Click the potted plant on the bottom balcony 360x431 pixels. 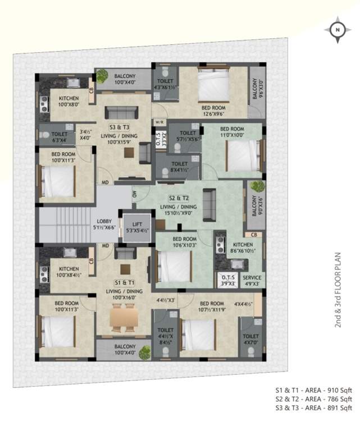tap(145, 352)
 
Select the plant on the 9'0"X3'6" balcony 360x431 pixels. tap(257, 186)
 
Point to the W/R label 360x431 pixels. tap(159, 121)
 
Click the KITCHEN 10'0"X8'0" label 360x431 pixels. tap(70, 101)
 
